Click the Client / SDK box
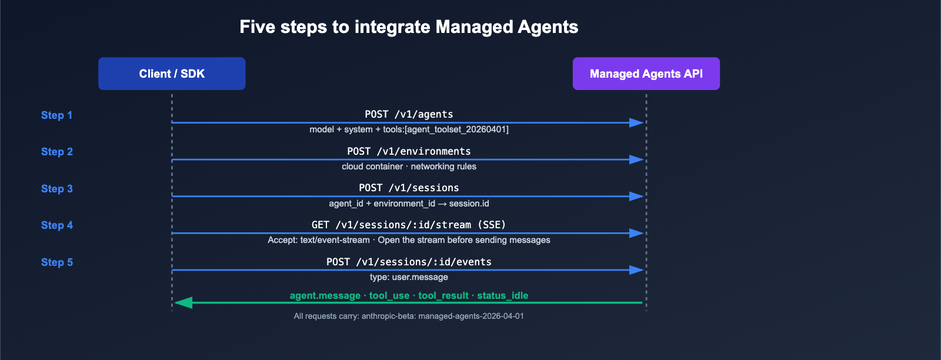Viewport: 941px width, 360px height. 172,74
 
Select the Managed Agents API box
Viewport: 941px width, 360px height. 646,74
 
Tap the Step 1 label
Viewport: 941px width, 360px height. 56,115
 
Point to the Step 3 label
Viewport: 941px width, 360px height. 56,189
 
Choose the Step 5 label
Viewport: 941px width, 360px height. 56,262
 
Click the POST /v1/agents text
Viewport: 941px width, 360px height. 409,114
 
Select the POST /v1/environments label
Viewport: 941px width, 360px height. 409,151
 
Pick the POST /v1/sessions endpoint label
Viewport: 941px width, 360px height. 409,188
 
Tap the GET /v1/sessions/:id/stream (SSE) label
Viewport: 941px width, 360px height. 409,225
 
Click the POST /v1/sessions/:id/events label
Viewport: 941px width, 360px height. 409,262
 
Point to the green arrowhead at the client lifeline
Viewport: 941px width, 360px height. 183,302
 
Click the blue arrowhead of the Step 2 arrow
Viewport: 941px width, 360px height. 636,159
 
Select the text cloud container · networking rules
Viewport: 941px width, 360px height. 409,166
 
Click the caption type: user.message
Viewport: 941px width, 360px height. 409,277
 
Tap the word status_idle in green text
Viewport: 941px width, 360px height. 502,295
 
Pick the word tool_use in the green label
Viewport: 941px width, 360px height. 389,295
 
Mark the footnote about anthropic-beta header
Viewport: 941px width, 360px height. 409,316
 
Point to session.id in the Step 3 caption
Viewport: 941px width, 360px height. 469,204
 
